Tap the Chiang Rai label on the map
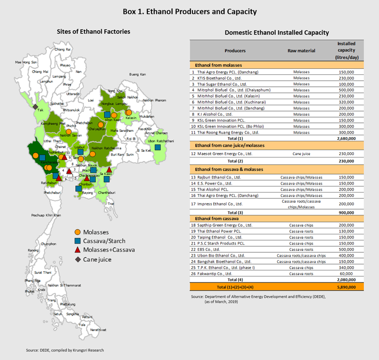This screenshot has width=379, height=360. pos(63,49)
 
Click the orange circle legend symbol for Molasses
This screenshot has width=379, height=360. pos(77,232)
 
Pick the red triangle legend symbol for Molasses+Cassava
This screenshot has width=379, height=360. pos(77,249)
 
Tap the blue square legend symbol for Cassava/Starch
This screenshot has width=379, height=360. pos(77,241)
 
